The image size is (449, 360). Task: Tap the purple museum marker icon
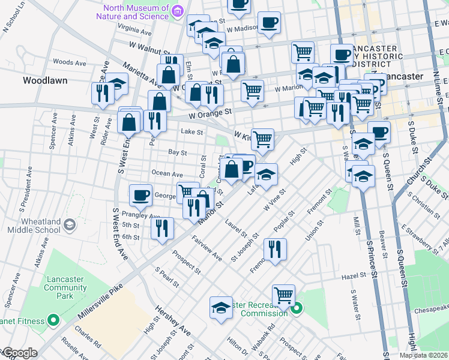[177, 11]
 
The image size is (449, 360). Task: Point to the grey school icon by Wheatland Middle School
[70, 224]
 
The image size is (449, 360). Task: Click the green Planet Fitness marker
[52, 320]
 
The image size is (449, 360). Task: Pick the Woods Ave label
[70, 62]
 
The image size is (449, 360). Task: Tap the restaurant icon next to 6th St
[162, 227]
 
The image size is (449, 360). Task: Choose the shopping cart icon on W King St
[262, 139]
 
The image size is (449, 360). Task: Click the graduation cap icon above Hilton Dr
[220, 307]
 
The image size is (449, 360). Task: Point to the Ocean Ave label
[167, 174]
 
